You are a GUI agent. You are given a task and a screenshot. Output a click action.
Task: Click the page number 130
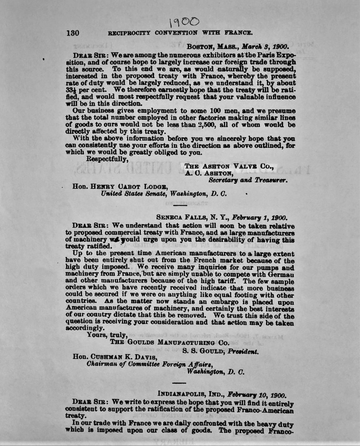click(72, 33)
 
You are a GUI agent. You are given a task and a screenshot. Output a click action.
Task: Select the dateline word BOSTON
click(202, 47)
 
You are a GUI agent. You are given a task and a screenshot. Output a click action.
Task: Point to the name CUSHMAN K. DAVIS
click(121, 358)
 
